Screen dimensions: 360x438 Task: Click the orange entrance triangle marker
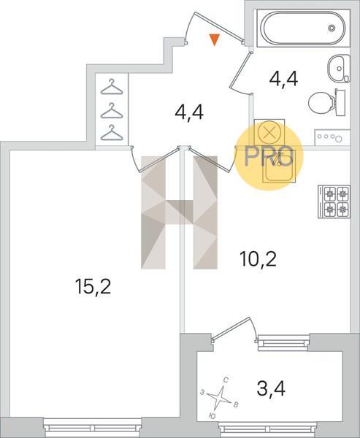215,39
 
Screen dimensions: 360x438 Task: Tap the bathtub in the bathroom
303,28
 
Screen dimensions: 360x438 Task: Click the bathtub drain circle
332,28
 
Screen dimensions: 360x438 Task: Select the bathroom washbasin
339,69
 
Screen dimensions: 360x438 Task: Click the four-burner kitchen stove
334,201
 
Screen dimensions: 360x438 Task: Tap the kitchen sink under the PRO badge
279,166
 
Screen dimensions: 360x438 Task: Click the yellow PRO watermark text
269,156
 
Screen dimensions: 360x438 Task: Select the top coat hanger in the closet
112,87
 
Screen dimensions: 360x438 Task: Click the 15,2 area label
93,287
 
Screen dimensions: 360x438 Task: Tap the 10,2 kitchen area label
258,259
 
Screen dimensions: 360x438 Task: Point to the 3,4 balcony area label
271,388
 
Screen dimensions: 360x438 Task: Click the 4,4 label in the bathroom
284,80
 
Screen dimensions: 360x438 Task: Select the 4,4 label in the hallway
189,112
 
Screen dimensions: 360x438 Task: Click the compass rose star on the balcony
221,398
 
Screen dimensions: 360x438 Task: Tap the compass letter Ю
212,416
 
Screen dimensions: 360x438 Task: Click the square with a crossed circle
269,133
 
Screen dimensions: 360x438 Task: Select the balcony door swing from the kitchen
234,329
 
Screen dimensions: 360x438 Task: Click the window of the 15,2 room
93,428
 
